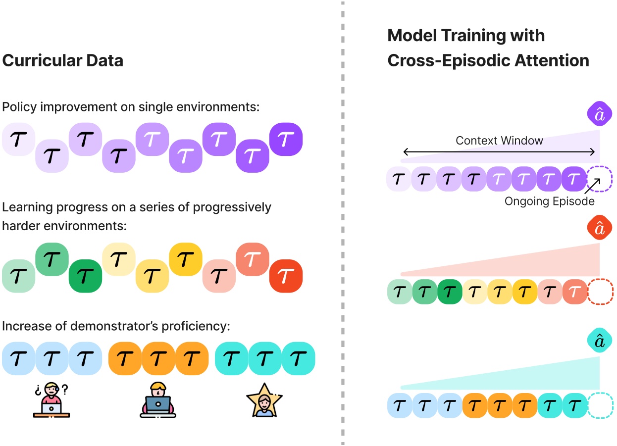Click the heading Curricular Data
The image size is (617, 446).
63,60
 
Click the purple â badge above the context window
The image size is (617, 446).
600,114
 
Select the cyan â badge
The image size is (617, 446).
600,342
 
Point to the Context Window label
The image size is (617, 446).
499,141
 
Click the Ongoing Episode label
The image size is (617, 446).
549,201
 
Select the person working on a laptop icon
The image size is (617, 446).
157,400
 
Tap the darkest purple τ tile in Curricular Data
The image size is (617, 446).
286,140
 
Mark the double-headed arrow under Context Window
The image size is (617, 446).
499,151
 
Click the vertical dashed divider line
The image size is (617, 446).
343,223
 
